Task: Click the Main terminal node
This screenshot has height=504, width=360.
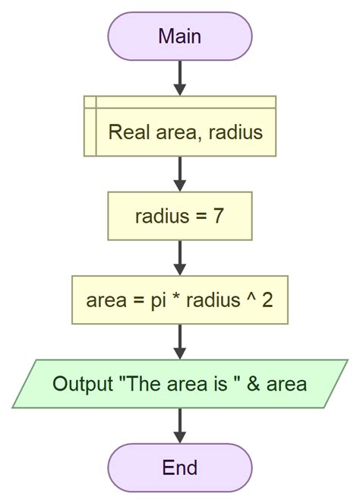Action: [x=180, y=36]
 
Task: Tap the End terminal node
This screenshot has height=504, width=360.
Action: [x=180, y=467]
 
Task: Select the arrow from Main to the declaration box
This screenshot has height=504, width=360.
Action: [x=180, y=78]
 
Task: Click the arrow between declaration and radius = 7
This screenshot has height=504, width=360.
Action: [x=180, y=173]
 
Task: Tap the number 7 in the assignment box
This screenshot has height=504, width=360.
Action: [x=218, y=217]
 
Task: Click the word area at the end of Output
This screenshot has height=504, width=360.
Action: [x=288, y=384]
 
